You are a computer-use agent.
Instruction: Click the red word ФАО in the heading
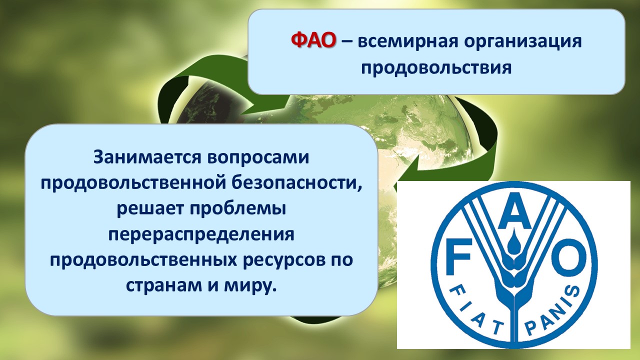[x=313, y=41]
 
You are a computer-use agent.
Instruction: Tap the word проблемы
[x=238, y=209]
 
